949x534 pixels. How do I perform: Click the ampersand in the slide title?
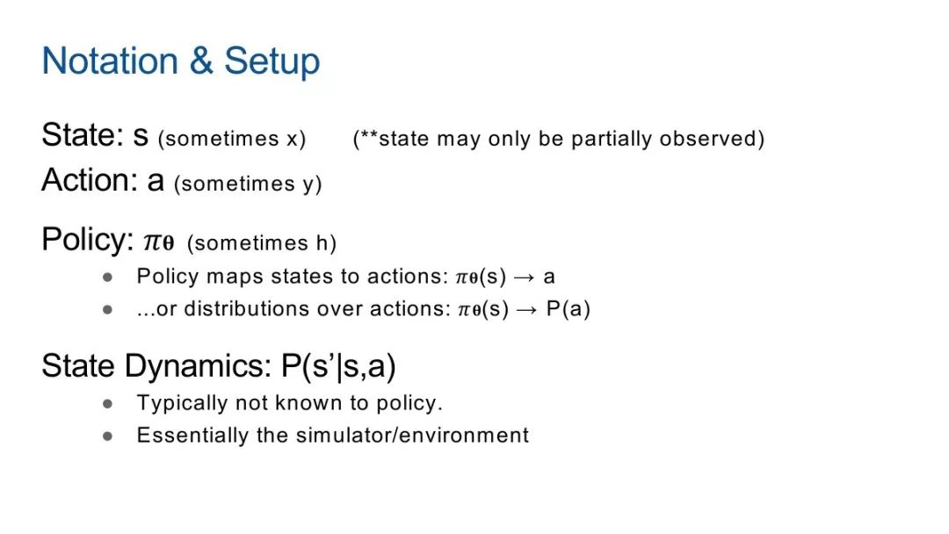201,61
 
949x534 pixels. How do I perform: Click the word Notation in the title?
110,61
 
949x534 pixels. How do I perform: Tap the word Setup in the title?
272,61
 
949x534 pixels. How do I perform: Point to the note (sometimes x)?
232,139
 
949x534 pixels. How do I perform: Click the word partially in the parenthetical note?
612,139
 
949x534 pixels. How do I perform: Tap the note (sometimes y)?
248,184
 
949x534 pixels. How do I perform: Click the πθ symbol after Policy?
158,242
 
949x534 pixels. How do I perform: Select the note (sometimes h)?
262,243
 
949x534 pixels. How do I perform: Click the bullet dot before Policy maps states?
108,277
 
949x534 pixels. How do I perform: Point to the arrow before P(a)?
526,310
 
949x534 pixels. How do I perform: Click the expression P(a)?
568,309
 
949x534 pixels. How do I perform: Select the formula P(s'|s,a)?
338,366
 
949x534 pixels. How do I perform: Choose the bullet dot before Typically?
108,403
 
